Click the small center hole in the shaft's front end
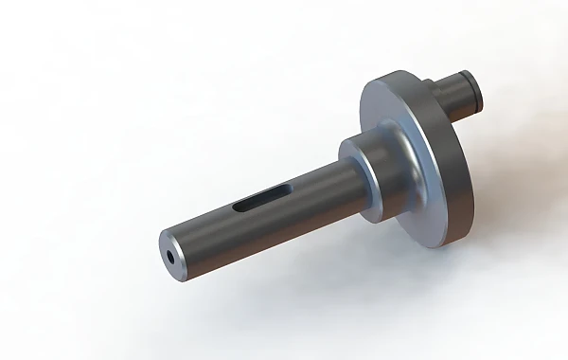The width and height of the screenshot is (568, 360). click(170, 256)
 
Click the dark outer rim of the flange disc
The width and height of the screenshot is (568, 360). click(454, 189)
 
